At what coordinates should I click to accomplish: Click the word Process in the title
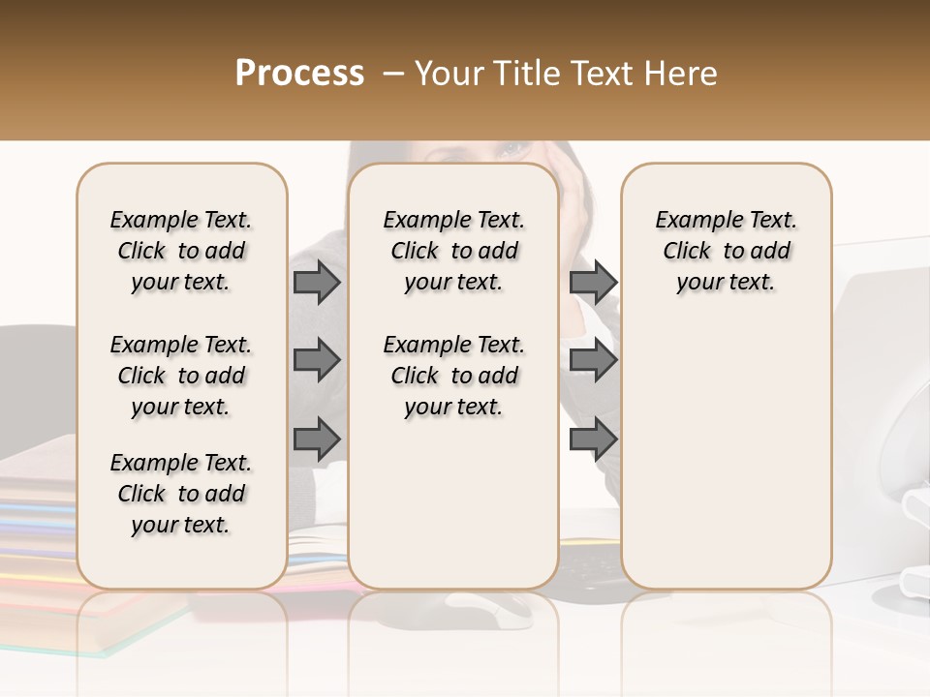coord(299,73)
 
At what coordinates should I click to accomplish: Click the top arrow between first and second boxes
coord(316,283)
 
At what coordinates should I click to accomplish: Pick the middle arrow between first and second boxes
coord(316,360)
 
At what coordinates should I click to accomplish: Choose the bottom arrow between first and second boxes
coord(316,439)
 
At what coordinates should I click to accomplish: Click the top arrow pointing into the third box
coord(593,283)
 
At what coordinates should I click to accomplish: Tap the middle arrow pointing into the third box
coord(593,360)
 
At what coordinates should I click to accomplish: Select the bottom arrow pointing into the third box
coord(593,439)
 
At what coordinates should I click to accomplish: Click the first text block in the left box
coord(181,251)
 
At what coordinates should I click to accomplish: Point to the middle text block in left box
coord(181,376)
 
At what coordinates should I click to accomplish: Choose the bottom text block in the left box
coord(181,494)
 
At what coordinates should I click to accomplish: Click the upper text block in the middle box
coord(453,251)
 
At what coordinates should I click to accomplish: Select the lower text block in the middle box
coord(453,376)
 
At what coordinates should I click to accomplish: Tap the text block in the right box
coord(726,251)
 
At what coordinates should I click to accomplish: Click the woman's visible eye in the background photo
coord(511,150)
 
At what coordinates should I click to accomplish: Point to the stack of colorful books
coord(39,542)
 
